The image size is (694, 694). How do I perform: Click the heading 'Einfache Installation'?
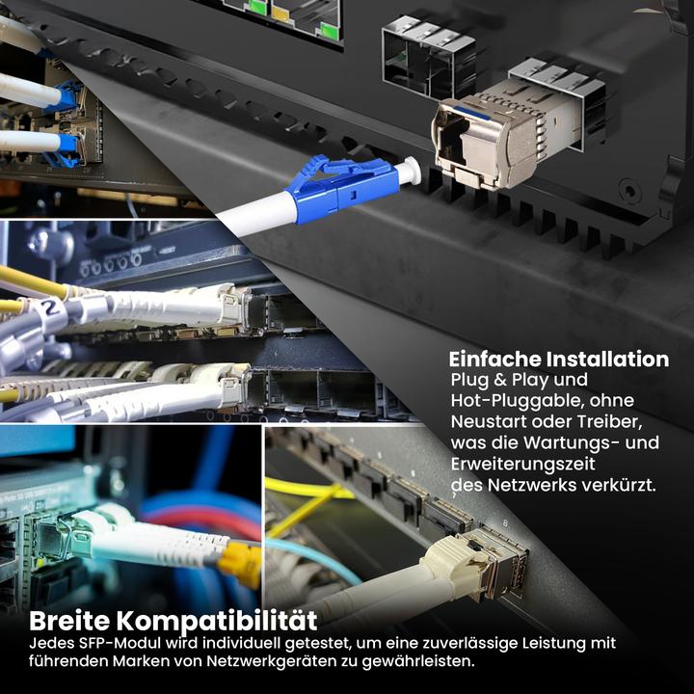(559, 360)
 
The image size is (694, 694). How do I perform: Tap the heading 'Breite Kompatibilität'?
(173, 619)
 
